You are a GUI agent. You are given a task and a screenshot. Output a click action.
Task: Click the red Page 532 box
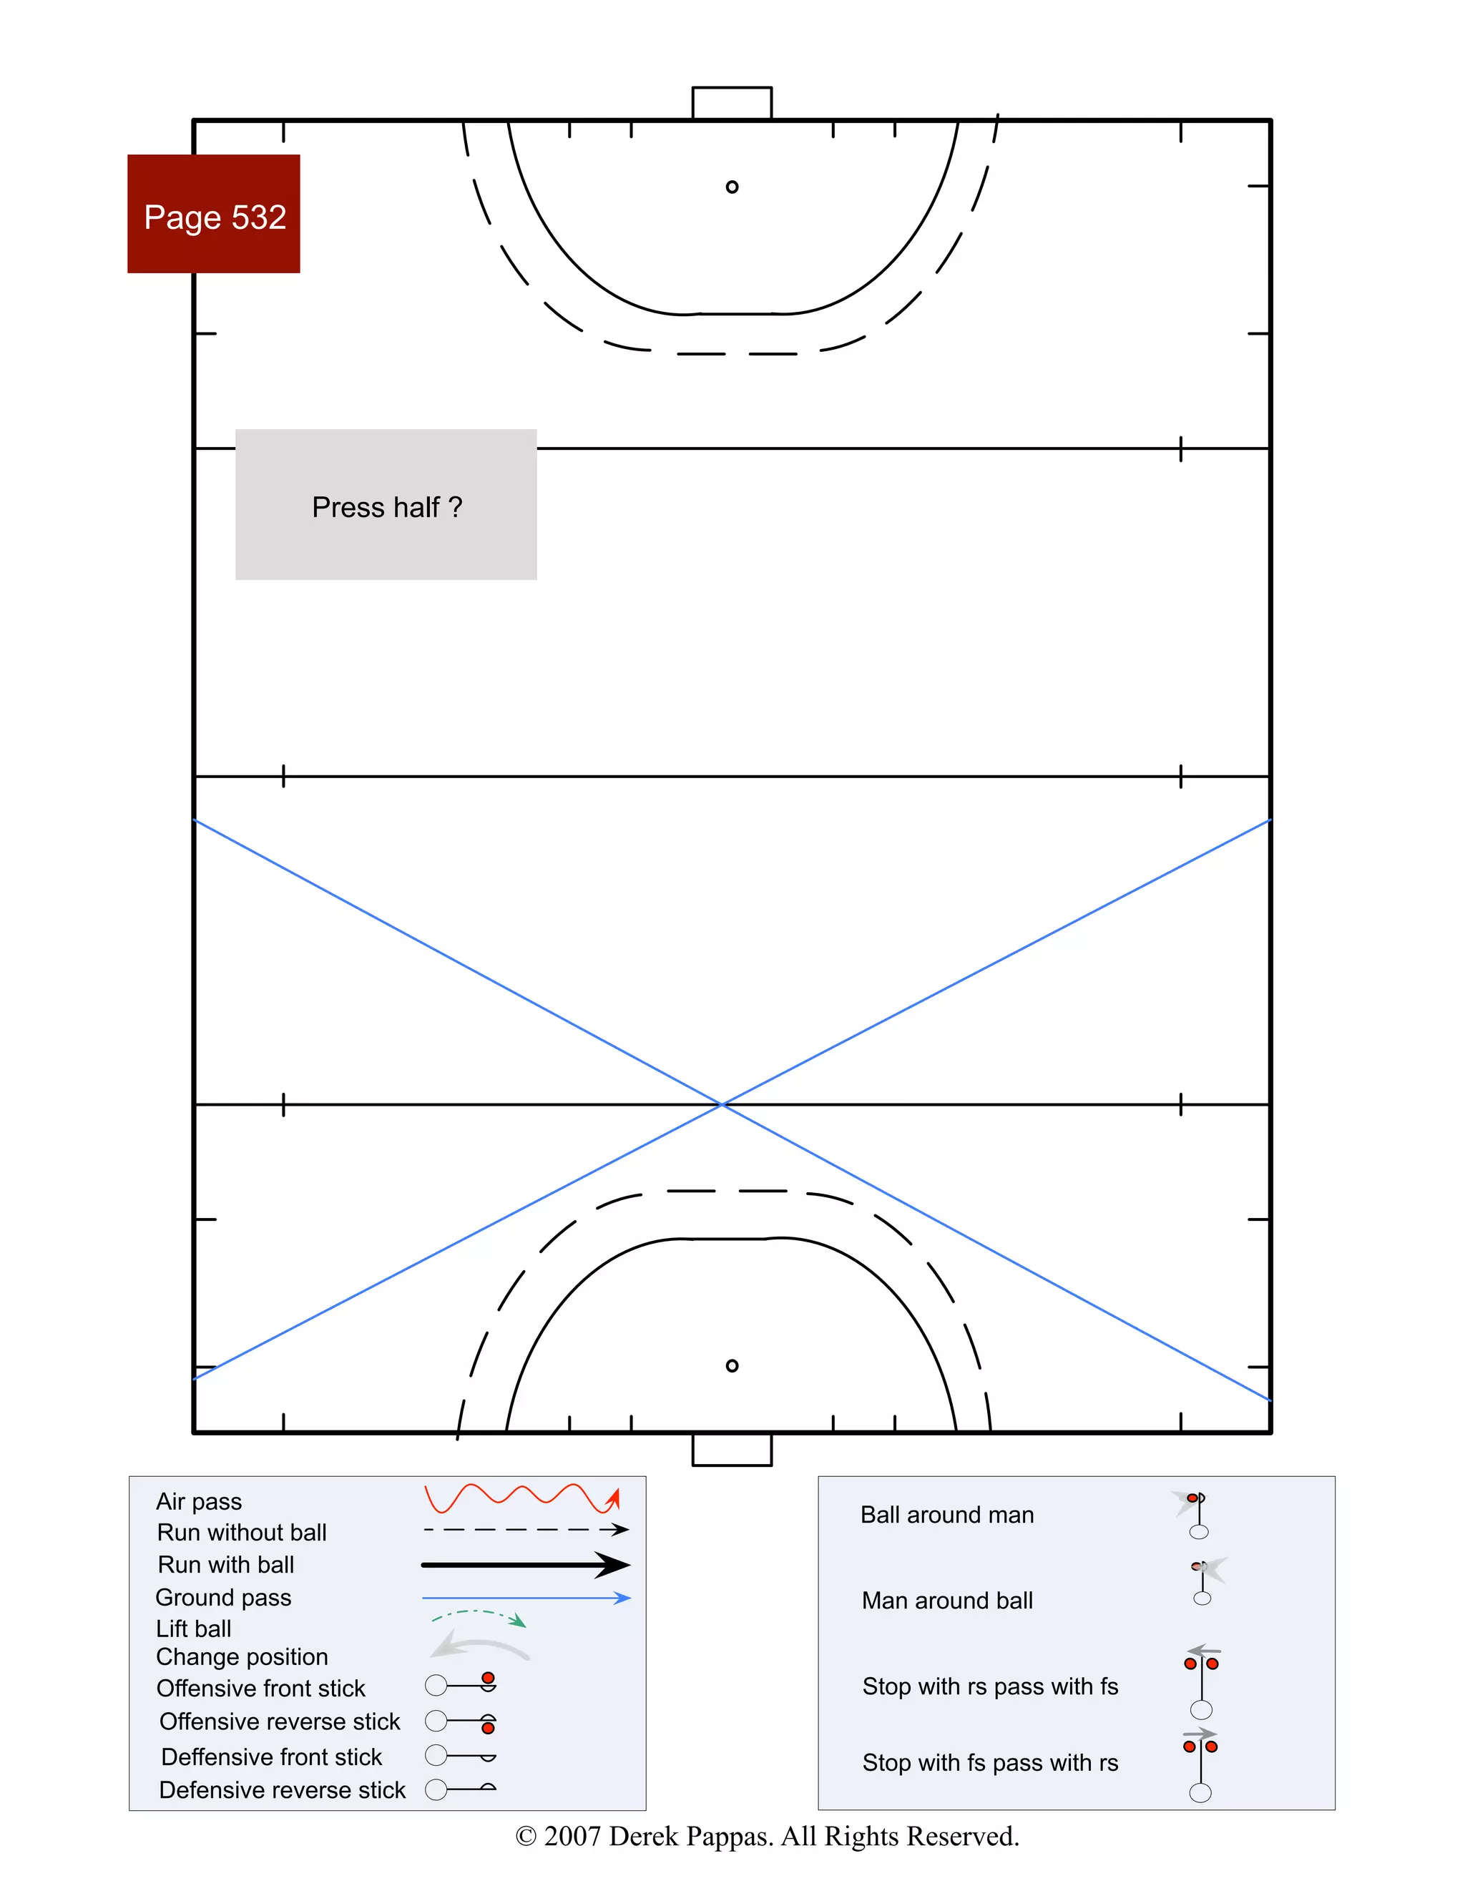coord(214,215)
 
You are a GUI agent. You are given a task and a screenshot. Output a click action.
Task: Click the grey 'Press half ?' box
coord(386,504)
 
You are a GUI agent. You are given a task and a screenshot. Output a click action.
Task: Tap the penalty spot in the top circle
coord(732,187)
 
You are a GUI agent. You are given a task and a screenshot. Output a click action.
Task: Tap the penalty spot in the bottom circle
coord(732,1365)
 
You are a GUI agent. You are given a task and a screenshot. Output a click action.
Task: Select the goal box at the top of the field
coord(732,102)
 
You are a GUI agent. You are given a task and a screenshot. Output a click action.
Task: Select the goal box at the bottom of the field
coord(732,1450)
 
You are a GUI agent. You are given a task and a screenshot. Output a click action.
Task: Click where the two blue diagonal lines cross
coord(722,1104)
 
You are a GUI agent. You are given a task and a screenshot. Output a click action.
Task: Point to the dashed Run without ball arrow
coord(525,1530)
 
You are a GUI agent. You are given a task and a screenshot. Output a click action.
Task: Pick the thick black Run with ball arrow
coord(525,1564)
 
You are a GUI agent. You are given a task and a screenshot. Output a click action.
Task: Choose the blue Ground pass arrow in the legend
coord(525,1597)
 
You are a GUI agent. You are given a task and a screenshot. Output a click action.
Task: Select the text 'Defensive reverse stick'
coord(283,1789)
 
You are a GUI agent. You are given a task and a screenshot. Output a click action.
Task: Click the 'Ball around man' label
coord(946,1515)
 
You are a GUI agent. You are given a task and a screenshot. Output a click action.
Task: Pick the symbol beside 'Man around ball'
coord(1205,1580)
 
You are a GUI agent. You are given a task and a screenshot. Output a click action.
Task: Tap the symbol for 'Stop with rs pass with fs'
coord(1202,1682)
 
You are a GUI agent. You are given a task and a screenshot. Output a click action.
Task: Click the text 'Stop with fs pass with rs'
coord(990,1762)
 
